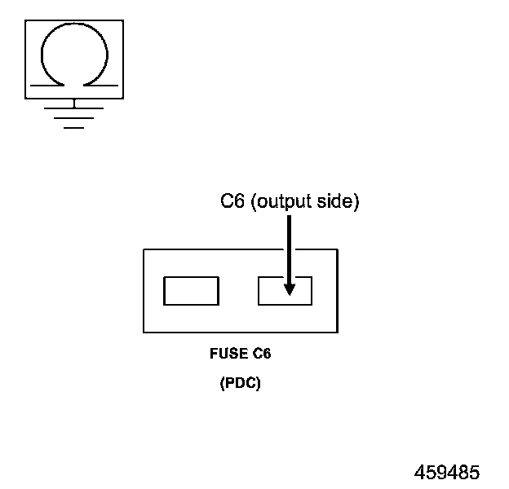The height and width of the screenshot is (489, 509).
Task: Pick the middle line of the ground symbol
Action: point(74,118)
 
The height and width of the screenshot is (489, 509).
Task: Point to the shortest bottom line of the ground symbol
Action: point(74,128)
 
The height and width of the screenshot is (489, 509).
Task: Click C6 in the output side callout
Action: point(233,201)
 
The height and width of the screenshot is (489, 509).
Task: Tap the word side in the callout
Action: point(338,202)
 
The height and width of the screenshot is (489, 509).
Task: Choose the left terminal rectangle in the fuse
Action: point(191,291)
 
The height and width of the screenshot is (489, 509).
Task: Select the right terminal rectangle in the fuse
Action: point(285,291)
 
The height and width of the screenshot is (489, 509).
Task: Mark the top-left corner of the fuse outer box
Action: point(144,249)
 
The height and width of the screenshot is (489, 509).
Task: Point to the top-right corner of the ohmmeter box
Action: point(124,21)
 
